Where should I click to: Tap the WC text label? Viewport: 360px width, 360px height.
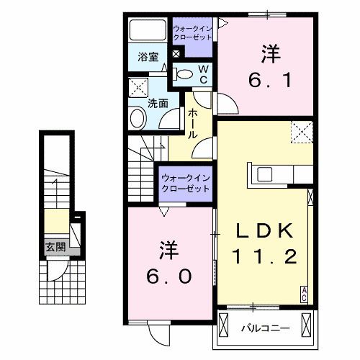(203, 73)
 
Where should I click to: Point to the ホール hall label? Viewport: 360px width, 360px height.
(193, 124)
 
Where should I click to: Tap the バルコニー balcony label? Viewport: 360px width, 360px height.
(265, 328)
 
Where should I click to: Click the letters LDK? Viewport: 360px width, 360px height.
(264, 231)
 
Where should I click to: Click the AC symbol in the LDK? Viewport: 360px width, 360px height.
(305, 292)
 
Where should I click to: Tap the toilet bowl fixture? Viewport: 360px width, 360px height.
(184, 73)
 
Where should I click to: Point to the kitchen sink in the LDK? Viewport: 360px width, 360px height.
(264, 174)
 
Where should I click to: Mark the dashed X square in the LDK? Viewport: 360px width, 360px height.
(301, 132)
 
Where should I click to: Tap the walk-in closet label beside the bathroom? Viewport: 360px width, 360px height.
(192, 33)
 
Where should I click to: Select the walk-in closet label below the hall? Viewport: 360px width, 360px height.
(185, 181)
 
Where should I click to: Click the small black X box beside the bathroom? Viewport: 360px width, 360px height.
(176, 54)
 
